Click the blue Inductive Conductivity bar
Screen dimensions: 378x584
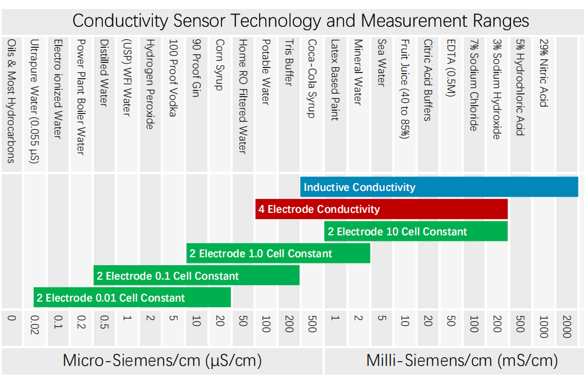click(x=438, y=187)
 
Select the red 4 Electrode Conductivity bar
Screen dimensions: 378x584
click(x=381, y=209)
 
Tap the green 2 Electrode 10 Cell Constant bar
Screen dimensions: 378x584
click(x=415, y=231)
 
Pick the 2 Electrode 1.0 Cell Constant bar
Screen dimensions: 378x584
click(x=278, y=253)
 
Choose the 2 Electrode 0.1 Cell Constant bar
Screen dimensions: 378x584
click(x=196, y=275)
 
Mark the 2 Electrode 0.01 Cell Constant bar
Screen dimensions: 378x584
click(x=132, y=297)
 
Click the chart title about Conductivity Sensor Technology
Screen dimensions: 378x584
click(x=301, y=21)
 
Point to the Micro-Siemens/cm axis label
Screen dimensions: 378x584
click(x=162, y=360)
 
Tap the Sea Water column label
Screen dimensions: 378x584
click(x=382, y=62)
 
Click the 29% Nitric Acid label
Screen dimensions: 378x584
click(x=543, y=72)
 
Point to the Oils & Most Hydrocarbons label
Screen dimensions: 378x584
click(x=11, y=101)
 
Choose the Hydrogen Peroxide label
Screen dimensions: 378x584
click(x=150, y=84)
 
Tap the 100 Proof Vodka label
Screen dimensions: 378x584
click(x=173, y=78)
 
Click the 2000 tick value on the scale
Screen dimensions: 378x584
click(x=566, y=326)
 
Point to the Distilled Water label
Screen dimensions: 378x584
click(x=103, y=72)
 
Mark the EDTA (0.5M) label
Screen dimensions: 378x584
click(x=450, y=68)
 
